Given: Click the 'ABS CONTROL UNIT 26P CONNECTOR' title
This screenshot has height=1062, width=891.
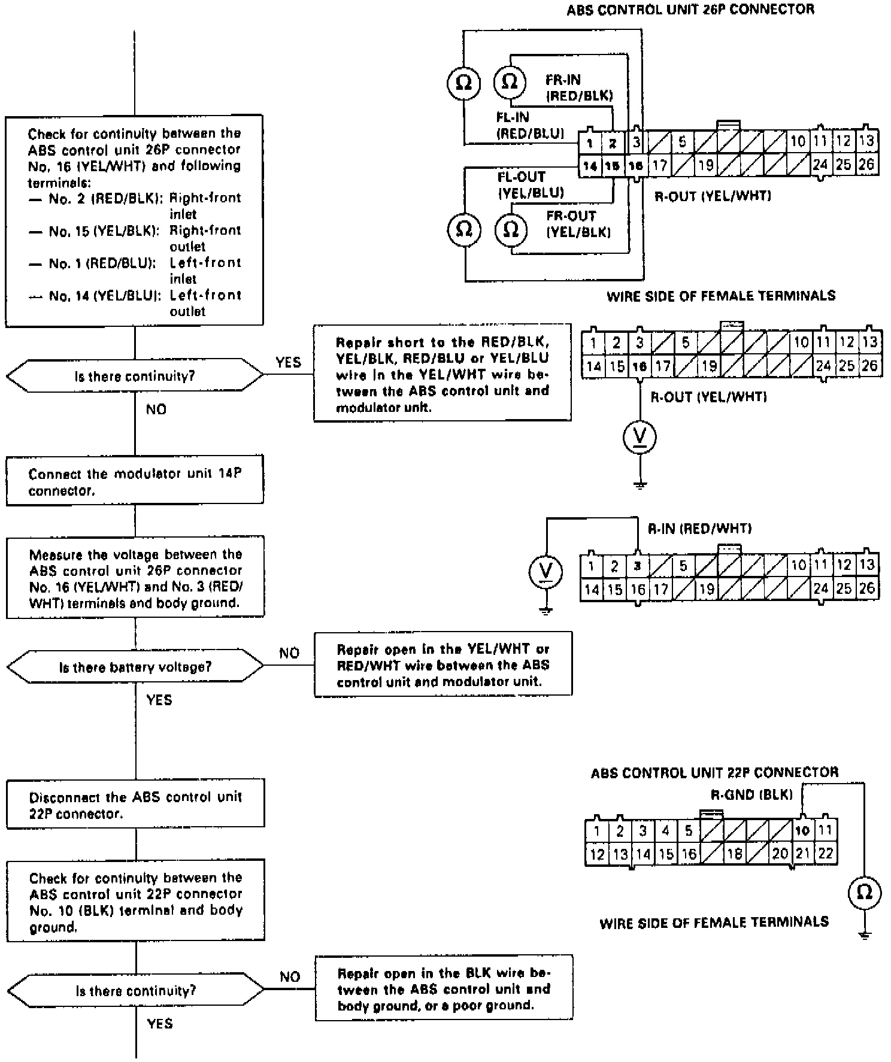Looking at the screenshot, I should point(690,9).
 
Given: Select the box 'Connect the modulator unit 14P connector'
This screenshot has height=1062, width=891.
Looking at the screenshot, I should point(135,482).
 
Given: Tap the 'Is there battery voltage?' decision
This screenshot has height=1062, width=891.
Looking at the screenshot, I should point(135,667).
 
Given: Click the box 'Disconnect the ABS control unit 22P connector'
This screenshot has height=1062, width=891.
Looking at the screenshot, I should point(135,805).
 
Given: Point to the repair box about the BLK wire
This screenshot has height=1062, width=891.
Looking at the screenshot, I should point(444,988).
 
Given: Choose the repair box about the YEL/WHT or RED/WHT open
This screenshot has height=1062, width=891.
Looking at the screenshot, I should point(443,664).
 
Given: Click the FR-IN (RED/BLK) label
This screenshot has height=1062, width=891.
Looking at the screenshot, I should point(578,87).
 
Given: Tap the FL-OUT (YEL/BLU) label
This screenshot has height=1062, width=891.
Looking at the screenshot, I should point(531,184).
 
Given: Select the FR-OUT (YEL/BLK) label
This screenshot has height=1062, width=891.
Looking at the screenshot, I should point(578,224).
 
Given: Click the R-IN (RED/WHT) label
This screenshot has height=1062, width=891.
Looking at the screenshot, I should point(699,528).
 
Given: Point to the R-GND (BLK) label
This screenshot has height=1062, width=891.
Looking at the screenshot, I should point(751,794).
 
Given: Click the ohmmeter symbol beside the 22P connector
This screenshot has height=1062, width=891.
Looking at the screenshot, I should point(865,893).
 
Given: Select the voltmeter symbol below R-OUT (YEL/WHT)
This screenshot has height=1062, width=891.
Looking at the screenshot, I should point(640,437).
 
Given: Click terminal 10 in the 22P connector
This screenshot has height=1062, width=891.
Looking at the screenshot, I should point(802,830).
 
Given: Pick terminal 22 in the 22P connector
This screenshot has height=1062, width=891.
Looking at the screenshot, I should point(826,853).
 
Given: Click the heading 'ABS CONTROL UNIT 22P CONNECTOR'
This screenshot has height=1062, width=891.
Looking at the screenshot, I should point(714,772).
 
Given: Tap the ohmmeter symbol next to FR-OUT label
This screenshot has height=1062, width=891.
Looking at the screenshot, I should point(511,229).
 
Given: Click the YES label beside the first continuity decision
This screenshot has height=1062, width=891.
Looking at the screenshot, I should point(288,362).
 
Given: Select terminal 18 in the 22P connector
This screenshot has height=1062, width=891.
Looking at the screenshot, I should point(734,853).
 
